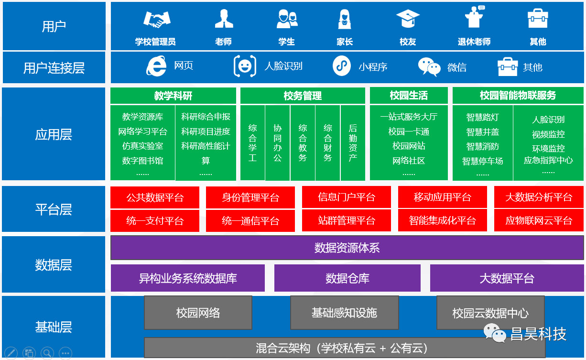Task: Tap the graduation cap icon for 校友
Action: click(408, 19)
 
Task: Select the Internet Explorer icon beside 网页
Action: click(156, 66)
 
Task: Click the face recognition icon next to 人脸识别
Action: click(244, 66)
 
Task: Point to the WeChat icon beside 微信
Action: click(429, 67)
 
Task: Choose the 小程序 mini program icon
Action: click(341, 66)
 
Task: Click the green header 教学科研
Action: click(173, 96)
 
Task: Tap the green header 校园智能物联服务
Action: click(518, 96)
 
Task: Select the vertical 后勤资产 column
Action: click(353, 142)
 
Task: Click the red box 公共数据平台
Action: click(155, 197)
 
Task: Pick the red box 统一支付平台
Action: click(155, 221)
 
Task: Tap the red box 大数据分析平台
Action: click(539, 197)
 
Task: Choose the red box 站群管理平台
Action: click(347, 221)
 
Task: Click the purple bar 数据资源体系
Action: click(347, 248)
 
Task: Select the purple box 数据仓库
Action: click(347, 278)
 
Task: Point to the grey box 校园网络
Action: click(198, 313)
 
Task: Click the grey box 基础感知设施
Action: click(344, 313)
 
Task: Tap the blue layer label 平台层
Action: click(54, 209)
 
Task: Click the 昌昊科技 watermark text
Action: click(538, 334)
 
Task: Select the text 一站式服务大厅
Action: click(409, 117)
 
